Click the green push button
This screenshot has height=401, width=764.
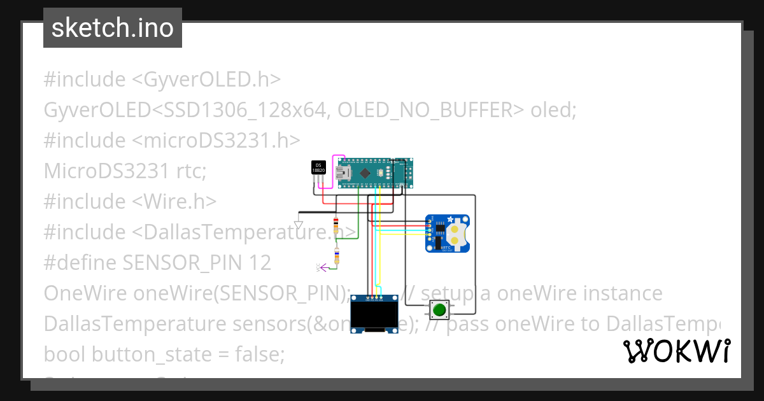439,311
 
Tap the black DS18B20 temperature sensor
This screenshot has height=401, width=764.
318,167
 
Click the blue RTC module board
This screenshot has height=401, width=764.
448,233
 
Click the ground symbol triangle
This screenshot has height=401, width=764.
298,225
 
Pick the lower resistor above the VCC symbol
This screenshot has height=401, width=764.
337,255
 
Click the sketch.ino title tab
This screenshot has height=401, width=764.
113,28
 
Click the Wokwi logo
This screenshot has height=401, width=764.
676,351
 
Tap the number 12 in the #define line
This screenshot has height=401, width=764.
260,262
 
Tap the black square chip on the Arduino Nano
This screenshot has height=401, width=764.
365,173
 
